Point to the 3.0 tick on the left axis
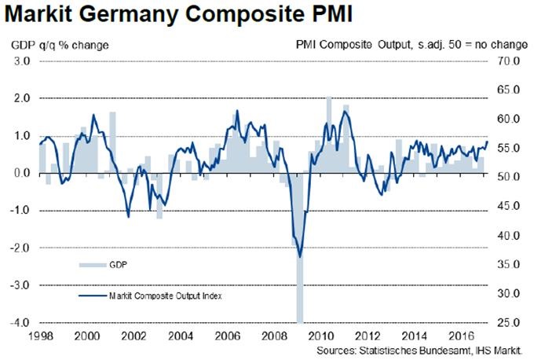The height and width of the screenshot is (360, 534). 21,61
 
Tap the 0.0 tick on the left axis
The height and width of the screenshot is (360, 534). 21,173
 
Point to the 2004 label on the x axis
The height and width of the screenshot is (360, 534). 179,335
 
